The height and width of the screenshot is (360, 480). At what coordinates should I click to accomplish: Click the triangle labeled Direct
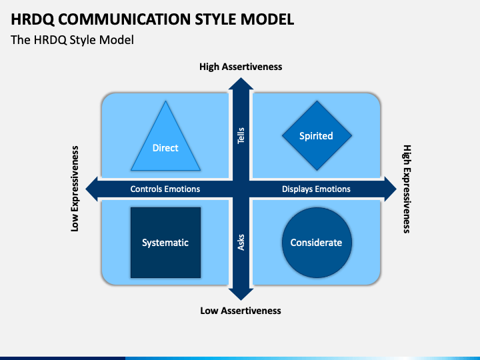pos(165,144)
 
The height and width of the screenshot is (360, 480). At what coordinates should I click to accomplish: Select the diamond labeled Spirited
pos(317,135)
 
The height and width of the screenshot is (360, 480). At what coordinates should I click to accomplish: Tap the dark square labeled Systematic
pos(165,243)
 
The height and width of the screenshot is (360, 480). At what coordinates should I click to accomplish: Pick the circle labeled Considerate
pos(317,243)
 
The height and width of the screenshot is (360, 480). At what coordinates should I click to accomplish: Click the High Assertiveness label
pos(241,67)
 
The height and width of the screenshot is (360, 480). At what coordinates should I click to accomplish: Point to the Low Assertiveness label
pos(241,311)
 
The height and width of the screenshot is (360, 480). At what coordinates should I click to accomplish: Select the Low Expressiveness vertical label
pos(75,189)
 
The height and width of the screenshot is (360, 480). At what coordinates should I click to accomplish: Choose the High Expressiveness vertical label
pos(407,189)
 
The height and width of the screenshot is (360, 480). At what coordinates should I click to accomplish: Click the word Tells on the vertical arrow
pos(241,135)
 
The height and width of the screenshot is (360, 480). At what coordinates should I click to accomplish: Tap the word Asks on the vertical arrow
pos(241,243)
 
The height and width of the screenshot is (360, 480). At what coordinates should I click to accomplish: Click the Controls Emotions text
pos(165,189)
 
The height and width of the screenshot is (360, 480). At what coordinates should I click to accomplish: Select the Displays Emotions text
pos(316,189)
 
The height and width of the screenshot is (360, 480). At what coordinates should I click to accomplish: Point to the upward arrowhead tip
pos(241,78)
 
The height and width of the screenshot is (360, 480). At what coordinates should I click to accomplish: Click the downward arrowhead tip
pos(241,300)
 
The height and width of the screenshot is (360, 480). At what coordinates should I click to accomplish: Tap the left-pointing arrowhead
pos(86,189)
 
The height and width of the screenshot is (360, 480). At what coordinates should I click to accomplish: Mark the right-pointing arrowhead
pos(396,189)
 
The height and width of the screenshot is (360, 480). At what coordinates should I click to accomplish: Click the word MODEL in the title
pos(267,19)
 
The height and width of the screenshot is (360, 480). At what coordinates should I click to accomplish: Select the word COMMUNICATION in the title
pos(124,19)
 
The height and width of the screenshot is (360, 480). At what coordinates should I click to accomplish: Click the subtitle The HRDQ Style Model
pos(72,40)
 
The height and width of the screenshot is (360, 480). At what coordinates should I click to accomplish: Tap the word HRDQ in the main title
pos(33,19)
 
